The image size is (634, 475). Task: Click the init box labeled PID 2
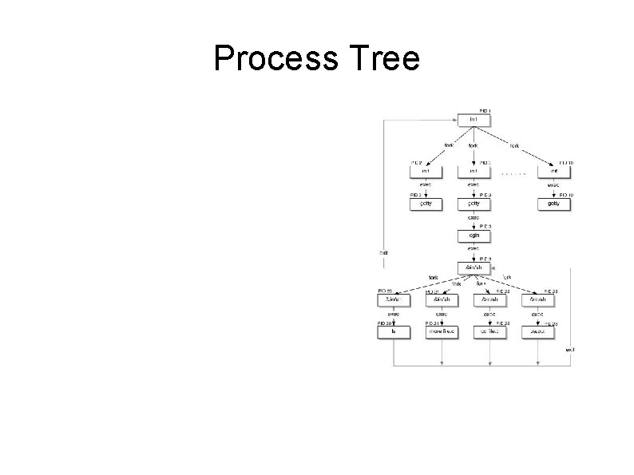pyautogui.click(x=426, y=170)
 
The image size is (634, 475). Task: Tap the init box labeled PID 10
pyautogui.click(x=553, y=170)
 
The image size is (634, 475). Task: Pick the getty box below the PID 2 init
pyautogui.click(x=426, y=204)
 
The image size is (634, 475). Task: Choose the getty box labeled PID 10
pyautogui.click(x=553, y=204)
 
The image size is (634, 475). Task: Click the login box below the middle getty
pyautogui.click(x=474, y=236)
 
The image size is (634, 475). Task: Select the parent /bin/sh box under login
pyautogui.click(x=474, y=267)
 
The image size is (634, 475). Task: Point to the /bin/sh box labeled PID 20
pyautogui.click(x=394, y=300)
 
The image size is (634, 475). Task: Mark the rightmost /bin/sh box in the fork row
pyautogui.click(x=537, y=300)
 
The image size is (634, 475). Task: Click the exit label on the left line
pyautogui.click(x=384, y=253)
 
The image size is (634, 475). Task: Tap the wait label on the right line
pyautogui.click(x=570, y=350)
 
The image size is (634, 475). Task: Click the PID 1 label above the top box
pyautogui.click(x=485, y=110)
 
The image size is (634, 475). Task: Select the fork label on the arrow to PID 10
pyautogui.click(x=514, y=146)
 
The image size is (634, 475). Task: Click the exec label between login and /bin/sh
pyautogui.click(x=474, y=249)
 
